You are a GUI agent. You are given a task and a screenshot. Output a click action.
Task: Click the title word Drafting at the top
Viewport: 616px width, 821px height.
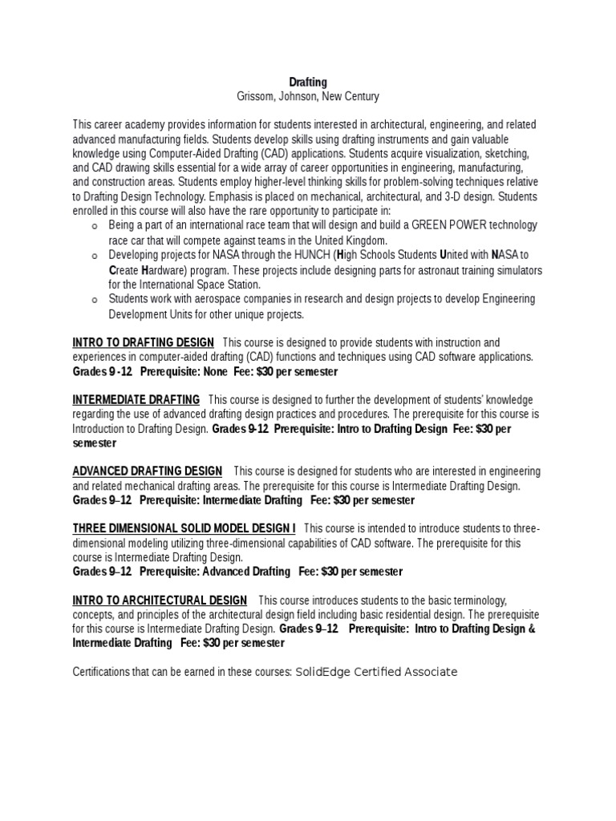[x=308, y=82]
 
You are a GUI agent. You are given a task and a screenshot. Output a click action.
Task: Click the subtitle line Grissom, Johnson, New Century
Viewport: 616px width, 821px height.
[x=308, y=96]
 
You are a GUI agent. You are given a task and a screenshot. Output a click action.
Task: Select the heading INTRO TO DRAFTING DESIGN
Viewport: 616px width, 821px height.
[x=143, y=343]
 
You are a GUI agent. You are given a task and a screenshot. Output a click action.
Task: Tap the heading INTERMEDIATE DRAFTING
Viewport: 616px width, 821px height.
[x=136, y=399]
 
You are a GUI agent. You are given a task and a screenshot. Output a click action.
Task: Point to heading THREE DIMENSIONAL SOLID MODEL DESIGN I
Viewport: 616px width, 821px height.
[x=184, y=528]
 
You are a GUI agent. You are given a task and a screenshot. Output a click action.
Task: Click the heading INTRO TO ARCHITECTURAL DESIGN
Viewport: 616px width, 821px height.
[x=160, y=601]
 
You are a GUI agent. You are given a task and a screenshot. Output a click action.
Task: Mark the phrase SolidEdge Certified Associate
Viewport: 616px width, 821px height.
[x=376, y=672]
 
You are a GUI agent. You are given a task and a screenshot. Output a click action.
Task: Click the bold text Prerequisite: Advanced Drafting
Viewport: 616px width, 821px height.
[x=215, y=572]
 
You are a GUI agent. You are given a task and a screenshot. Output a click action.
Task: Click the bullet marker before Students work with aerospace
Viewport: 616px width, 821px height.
[x=95, y=300]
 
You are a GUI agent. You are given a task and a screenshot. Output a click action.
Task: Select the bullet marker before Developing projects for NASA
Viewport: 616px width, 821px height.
[x=95, y=256]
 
